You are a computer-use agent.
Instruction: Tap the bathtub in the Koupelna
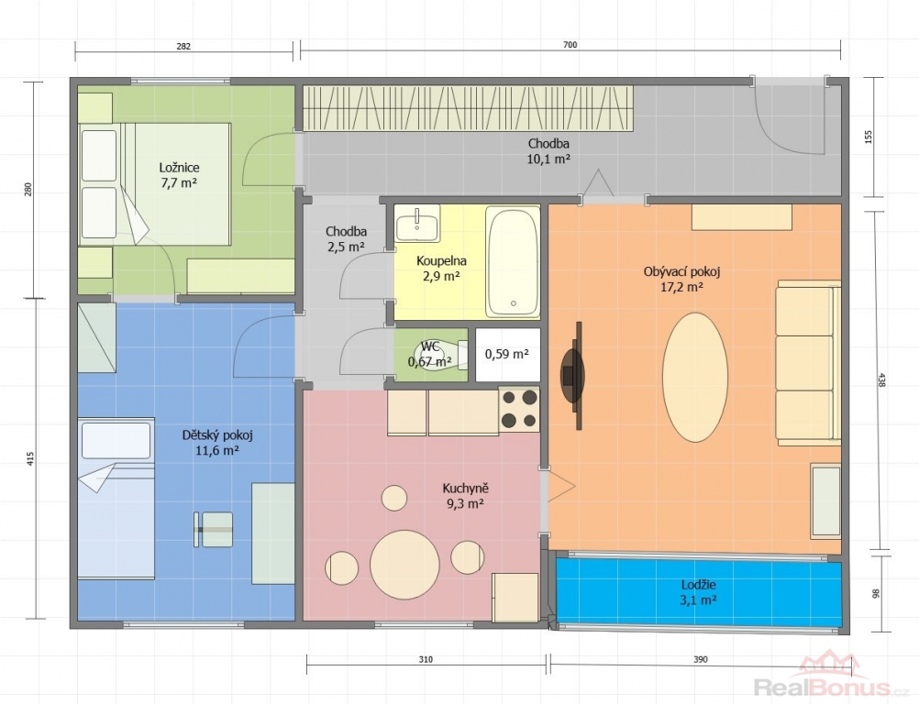coord(513,262)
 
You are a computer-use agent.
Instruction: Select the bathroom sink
coord(417,223)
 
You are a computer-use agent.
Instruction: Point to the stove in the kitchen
coord(519,409)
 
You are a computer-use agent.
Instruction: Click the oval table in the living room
coord(695,377)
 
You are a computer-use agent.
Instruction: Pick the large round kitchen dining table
coord(404,565)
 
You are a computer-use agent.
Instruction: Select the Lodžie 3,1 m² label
coord(699,592)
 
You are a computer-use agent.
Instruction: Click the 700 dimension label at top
coord(570,45)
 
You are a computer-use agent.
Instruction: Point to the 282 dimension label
coord(183,46)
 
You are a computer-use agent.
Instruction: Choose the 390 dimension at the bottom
coord(701,659)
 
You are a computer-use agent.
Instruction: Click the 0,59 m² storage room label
coord(507,354)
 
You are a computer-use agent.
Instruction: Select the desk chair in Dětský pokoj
coord(214,530)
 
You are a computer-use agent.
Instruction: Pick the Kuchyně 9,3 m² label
coord(465,496)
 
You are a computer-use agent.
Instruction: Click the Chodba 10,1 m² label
coord(548,151)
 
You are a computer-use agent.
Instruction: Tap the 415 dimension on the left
coord(30,458)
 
